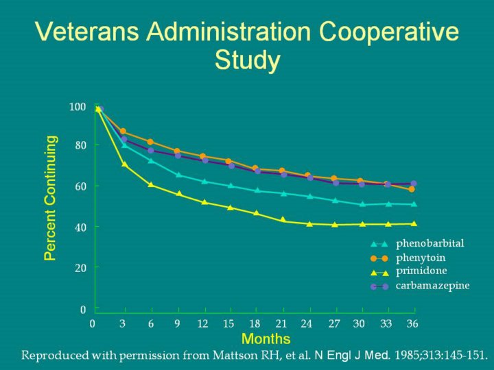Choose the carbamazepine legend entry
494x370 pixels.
coord(432,285)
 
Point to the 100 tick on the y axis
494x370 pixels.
coord(78,107)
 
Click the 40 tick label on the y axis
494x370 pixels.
coord(80,227)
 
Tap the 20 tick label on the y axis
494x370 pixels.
coord(80,267)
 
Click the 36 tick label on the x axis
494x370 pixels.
coord(412,323)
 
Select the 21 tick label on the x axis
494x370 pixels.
coord(281,323)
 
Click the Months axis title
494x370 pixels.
coord(266,339)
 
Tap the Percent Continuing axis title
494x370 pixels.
coord(50,197)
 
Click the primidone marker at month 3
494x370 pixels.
coord(124,164)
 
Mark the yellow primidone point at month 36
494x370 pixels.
coord(413,223)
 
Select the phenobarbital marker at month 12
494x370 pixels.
coord(204,181)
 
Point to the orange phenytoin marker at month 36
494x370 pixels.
coord(412,189)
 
